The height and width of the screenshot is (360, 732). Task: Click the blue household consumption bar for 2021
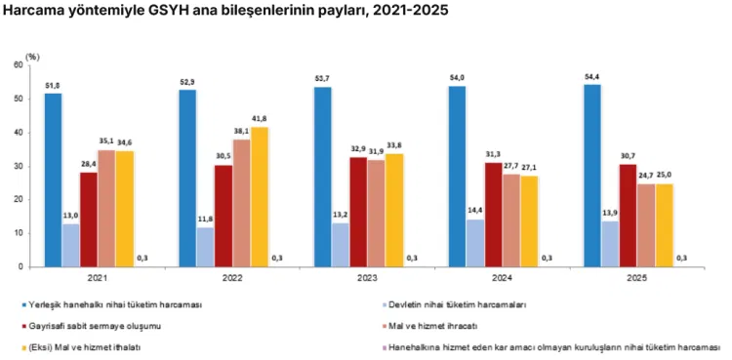[x=54, y=180]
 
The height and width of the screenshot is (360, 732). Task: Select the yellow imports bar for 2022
[x=260, y=197]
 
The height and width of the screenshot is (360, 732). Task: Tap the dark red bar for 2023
[x=358, y=212]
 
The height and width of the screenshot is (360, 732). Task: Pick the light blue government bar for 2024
[x=475, y=243]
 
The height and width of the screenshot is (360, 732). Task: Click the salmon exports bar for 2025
[x=646, y=225]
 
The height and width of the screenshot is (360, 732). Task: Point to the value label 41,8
[x=260, y=119]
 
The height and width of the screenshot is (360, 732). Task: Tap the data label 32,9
[x=358, y=148]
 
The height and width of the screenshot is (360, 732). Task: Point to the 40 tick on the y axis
[x=19, y=133]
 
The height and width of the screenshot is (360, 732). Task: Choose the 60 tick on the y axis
[x=19, y=65]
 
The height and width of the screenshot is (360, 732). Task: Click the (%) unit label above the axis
[x=32, y=57]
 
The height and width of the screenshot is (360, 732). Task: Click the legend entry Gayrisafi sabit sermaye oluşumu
[x=96, y=327]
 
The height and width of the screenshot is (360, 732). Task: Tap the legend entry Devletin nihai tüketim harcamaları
[x=458, y=305]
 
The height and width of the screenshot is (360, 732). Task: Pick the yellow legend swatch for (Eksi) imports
[x=24, y=348]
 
